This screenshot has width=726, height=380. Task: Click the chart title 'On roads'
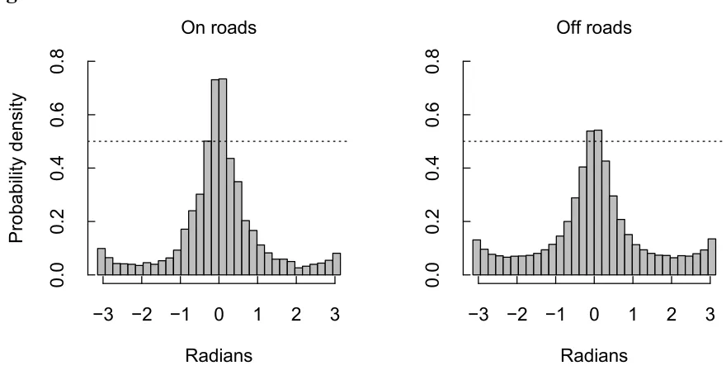pyautogui.click(x=219, y=28)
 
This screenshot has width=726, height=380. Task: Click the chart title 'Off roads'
pyautogui.click(x=594, y=28)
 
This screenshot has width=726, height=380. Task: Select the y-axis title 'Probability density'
pyautogui.click(x=16, y=169)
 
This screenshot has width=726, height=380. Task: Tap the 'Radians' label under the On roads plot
pyautogui.click(x=219, y=356)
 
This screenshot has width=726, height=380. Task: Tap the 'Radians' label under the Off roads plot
pyautogui.click(x=594, y=356)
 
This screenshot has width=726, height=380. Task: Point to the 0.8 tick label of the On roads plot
pyautogui.click(x=58, y=61)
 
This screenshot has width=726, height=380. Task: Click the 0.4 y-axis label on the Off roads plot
pyautogui.click(x=432, y=169)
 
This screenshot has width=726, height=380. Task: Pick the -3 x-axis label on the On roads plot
pyautogui.click(x=103, y=315)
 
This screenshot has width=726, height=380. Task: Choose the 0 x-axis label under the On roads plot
pyautogui.click(x=219, y=315)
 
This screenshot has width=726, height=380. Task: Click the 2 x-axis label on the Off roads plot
pyautogui.click(x=672, y=315)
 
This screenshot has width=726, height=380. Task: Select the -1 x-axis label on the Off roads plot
pyautogui.click(x=555, y=315)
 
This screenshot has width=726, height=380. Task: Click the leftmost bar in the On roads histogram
pyautogui.click(x=101, y=262)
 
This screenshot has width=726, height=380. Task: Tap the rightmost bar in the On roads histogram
pyautogui.click(x=337, y=264)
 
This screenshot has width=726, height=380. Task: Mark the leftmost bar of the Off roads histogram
pyautogui.click(x=477, y=258)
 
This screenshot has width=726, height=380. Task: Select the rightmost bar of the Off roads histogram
pyautogui.click(x=712, y=257)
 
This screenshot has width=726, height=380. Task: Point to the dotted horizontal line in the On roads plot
pyautogui.click(x=218, y=141)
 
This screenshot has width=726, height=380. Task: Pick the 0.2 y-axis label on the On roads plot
pyautogui.click(x=58, y=221)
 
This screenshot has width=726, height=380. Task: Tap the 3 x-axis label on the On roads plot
pyautogui.click(x=335, y=315)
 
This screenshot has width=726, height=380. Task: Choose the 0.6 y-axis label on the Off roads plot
pyautogui.click(x=432, y=115)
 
